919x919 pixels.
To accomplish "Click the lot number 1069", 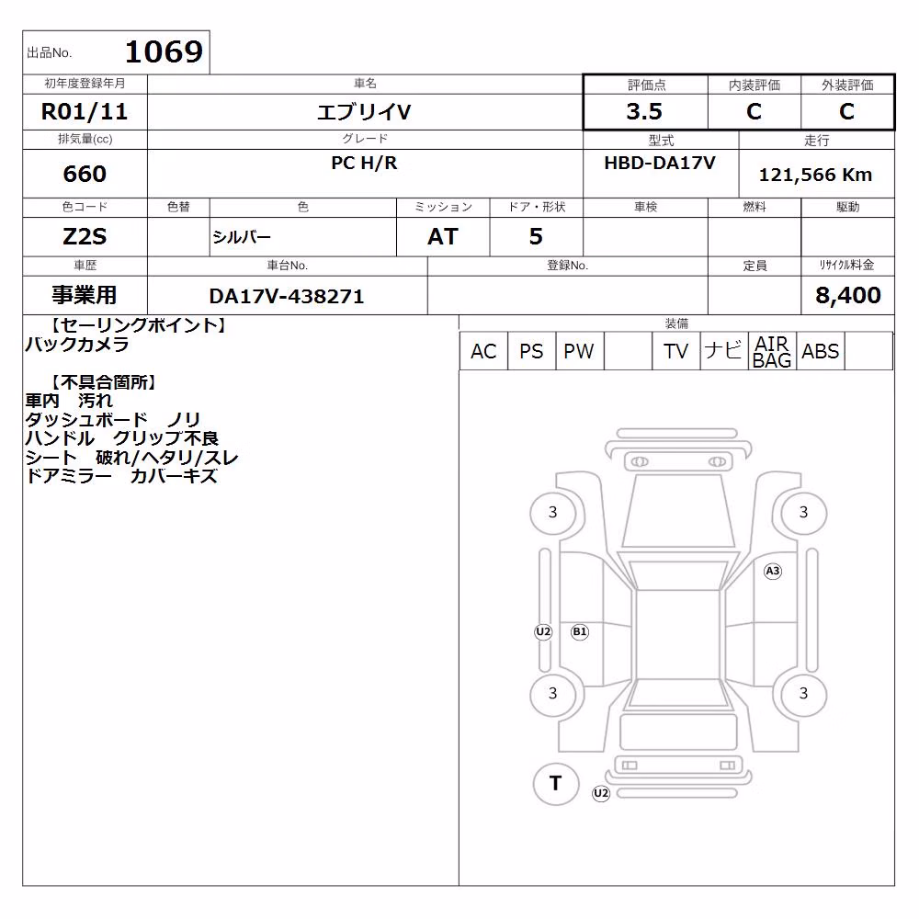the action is [165, 51].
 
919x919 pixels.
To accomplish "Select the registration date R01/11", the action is [85, 111].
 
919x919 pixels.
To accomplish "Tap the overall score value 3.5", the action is [644, 111].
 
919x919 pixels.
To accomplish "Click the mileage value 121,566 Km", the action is [815, 174].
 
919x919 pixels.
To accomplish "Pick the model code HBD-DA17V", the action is [660, 163].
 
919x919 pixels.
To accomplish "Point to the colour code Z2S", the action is [85, 236].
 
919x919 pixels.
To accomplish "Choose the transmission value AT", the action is [443, 236].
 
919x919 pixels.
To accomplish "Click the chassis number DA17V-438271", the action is [287, 296].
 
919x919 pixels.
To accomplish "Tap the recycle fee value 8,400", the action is [848, 295].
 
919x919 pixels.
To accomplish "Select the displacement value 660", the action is [85, 174].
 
